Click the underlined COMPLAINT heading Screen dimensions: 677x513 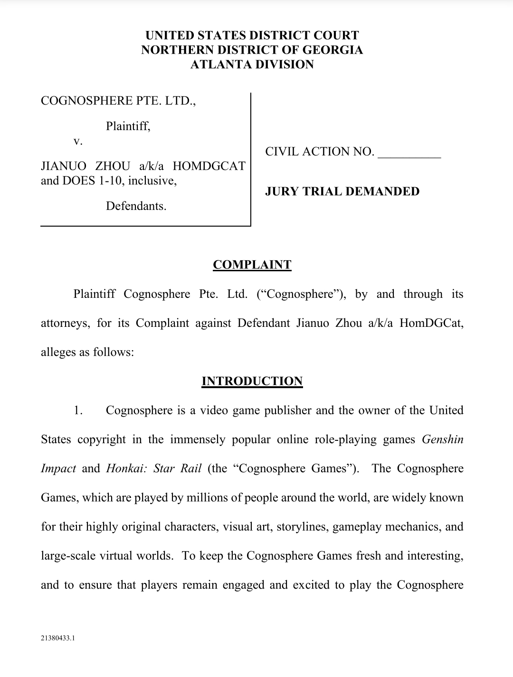point(252,265)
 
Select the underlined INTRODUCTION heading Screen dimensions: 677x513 point(252,381)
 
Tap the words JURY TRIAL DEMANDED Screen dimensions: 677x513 point(342,191)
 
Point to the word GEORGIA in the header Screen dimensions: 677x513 point(332,50)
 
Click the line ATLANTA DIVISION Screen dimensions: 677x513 point(252,65)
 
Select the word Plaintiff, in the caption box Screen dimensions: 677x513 point(128,126)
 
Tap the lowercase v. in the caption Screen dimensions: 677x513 point(78,141)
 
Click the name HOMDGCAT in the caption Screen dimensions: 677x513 point(209,166)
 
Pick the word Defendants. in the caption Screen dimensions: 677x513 point(136,206)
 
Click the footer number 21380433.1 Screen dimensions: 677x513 point(58,639)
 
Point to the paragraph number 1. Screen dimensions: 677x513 point(78,410)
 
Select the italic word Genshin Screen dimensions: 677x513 point(442,439)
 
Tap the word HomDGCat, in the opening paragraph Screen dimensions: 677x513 point(431,323)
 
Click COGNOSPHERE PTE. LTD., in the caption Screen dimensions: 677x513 point(118,101)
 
